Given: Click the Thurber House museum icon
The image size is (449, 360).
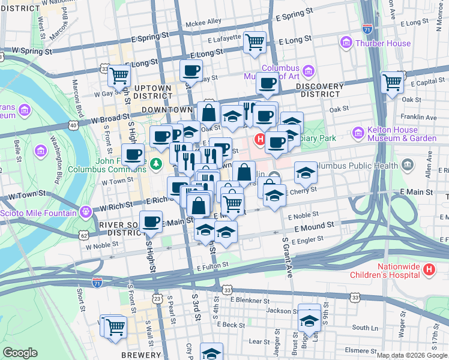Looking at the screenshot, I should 346,43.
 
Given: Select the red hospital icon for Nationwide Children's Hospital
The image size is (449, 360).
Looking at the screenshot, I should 429,271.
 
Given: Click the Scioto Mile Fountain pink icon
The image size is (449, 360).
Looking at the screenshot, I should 86,212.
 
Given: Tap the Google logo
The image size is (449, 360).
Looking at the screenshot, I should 20,353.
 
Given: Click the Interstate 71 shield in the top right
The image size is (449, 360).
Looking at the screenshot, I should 367,28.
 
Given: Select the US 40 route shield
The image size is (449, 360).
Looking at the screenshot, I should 73,125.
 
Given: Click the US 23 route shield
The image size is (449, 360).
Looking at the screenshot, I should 157,298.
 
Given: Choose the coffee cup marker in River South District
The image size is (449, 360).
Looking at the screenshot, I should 151,221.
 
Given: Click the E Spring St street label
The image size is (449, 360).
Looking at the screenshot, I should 295,11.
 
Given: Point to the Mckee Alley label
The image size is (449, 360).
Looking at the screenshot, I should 203,22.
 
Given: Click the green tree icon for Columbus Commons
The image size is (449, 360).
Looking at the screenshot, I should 156,163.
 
